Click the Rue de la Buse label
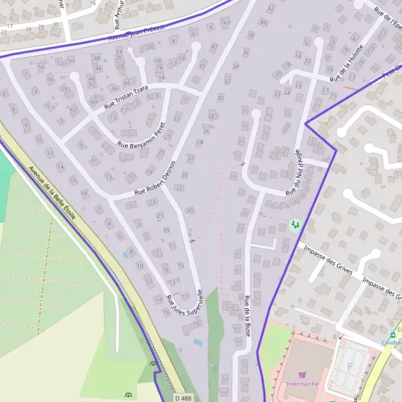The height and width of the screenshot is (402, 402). (248, 316)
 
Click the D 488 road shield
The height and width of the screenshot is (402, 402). (182, 398)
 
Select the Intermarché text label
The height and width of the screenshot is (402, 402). (301, 384)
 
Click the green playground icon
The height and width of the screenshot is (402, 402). (293, 224)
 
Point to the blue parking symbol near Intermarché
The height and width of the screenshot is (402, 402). (331, 400)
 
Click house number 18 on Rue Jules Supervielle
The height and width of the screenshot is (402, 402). (196, 324)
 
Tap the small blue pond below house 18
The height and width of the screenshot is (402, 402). (198, 342)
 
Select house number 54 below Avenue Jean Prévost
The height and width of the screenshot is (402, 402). (42, 67)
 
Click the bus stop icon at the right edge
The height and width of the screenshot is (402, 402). (393, 336)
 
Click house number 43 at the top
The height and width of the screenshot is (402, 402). (271, 8)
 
